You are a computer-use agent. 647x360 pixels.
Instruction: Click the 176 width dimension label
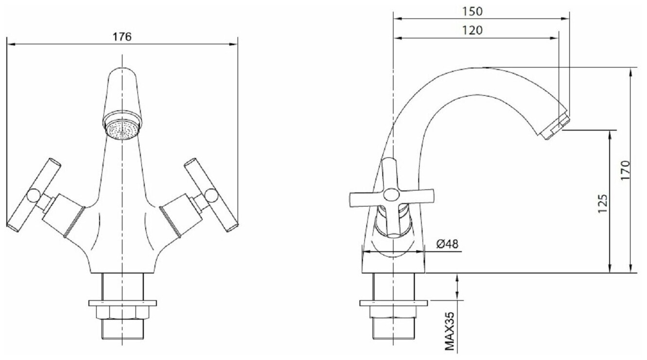click(122, 37)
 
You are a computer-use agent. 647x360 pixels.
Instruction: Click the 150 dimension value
click(473, 12)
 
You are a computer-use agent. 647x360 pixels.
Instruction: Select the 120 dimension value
click(473, 30)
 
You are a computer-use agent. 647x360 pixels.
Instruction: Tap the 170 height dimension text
click(625, 170)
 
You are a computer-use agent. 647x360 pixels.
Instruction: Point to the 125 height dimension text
click(602, 204)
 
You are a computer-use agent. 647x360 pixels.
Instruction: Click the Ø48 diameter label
click(447, 244)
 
